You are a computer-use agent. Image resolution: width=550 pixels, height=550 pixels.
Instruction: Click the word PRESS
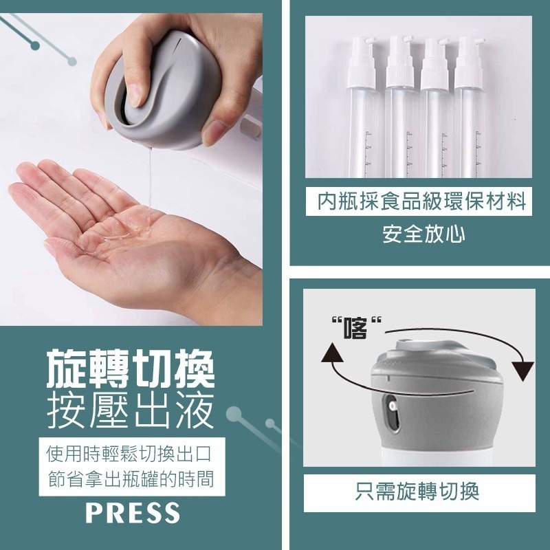[133, 512]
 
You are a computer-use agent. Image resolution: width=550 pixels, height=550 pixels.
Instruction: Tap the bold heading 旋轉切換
[130, 368]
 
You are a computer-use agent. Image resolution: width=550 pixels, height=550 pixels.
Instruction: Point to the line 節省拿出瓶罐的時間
[131, 478]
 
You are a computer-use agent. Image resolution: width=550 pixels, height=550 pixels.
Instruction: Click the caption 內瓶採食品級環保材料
[421, 201]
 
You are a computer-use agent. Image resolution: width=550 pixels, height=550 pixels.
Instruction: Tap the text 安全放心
[423, 234]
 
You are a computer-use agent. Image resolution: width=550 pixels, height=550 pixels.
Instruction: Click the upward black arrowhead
[332, 353]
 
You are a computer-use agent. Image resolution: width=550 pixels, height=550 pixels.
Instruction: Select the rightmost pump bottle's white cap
[469, 63]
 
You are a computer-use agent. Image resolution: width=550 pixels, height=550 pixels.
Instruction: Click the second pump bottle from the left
[401, 107]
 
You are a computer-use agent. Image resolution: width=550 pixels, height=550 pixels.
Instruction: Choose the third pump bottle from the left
[435, 107]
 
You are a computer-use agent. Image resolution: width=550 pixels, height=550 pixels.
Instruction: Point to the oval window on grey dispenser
[391, 412]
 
